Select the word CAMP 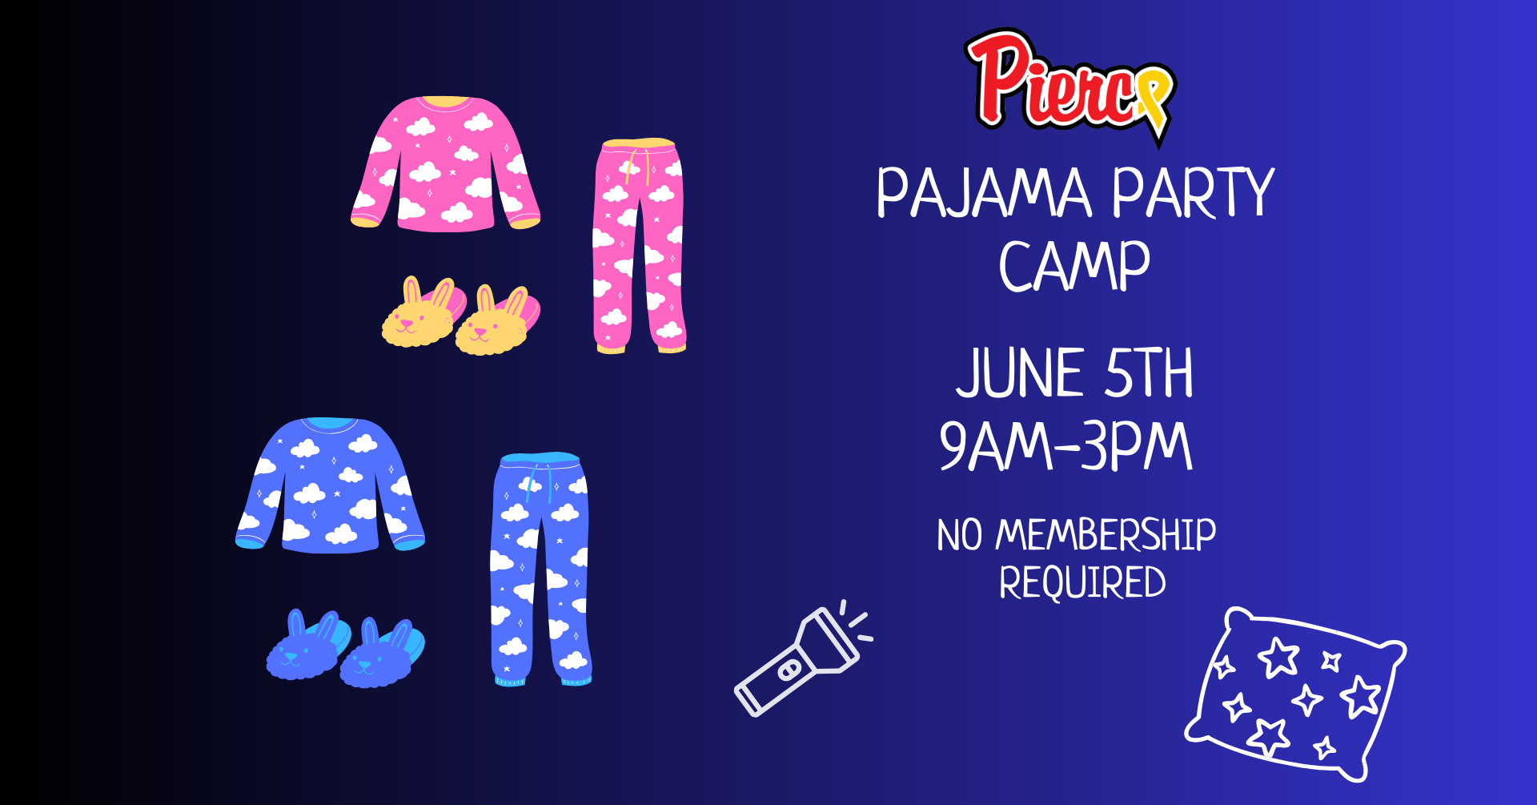[1074, 265]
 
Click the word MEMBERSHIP [1106, 535]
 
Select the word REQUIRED [1082, 582]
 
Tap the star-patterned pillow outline [1295, 694]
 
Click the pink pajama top [445, 164]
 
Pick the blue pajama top [330, 485]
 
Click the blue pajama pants [540, 570]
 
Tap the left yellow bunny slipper [423, 312]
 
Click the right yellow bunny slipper [497, 320]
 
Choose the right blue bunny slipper [382, 654]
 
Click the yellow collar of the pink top [447, 103]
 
